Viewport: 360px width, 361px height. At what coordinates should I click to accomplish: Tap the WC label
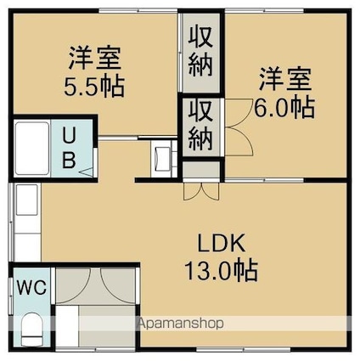[29, 285]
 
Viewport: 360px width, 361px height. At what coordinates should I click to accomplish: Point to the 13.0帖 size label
[222, 272]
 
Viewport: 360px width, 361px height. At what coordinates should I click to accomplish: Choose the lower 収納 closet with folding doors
[200, 125]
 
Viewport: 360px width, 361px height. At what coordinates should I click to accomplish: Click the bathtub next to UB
[32, 148]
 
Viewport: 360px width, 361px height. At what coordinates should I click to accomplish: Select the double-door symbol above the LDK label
[200, 189]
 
